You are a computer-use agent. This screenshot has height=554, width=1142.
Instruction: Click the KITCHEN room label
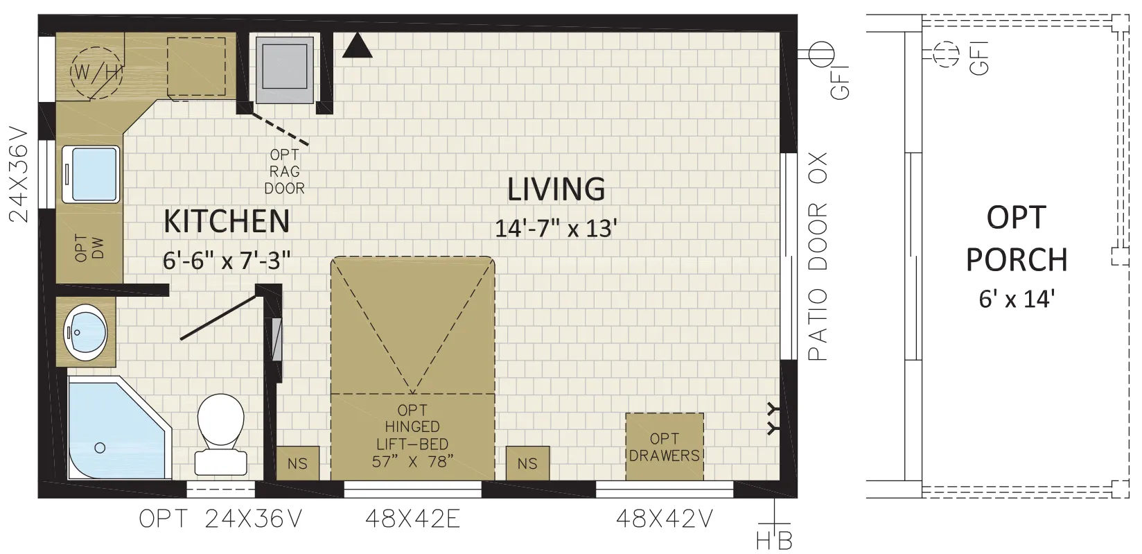pyautogui.click(x=227, y=221)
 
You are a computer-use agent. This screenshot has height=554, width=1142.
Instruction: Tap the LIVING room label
pyautogui.click(x=556, y=189)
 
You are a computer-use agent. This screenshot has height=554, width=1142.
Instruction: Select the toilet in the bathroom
pyautogui.click(x=221, y=433)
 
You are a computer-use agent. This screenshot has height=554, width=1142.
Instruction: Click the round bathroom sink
pyautogui.click(x=85, y=332)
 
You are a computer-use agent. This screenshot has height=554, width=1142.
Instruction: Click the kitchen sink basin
pyautogui.click(x=91, y=175)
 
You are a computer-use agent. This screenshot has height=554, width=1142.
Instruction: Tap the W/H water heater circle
pyautogui.click(x=96, y=73)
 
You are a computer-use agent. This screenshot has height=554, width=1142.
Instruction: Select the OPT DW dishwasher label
pyautogui.click(x=89, y=248)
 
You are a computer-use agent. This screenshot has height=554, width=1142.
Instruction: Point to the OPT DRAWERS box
pyautogui.click(x=665, y=447)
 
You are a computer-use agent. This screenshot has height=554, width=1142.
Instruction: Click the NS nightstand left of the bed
pyautogui.click(x=298, y=463)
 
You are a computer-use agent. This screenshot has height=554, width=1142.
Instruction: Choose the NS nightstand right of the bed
pyautogui.click(x=527, y=463)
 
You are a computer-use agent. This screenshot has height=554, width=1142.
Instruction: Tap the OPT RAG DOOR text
pyautogui.click(x=285, y=171)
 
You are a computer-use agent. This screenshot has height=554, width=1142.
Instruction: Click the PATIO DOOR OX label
pyautogui.click(x=818, y=257)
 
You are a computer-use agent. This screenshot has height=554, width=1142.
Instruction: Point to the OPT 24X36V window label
pyautogui.click(x=221, y=519)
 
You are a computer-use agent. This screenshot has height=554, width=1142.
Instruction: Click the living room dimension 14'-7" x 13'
pyautogui.click(x=556, y=229)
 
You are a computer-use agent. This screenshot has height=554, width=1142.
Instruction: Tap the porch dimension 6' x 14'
pyautogui.click(x=1017, y=299)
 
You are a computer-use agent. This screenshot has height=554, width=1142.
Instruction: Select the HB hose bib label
pyautogui.click(x=775, y=540)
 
